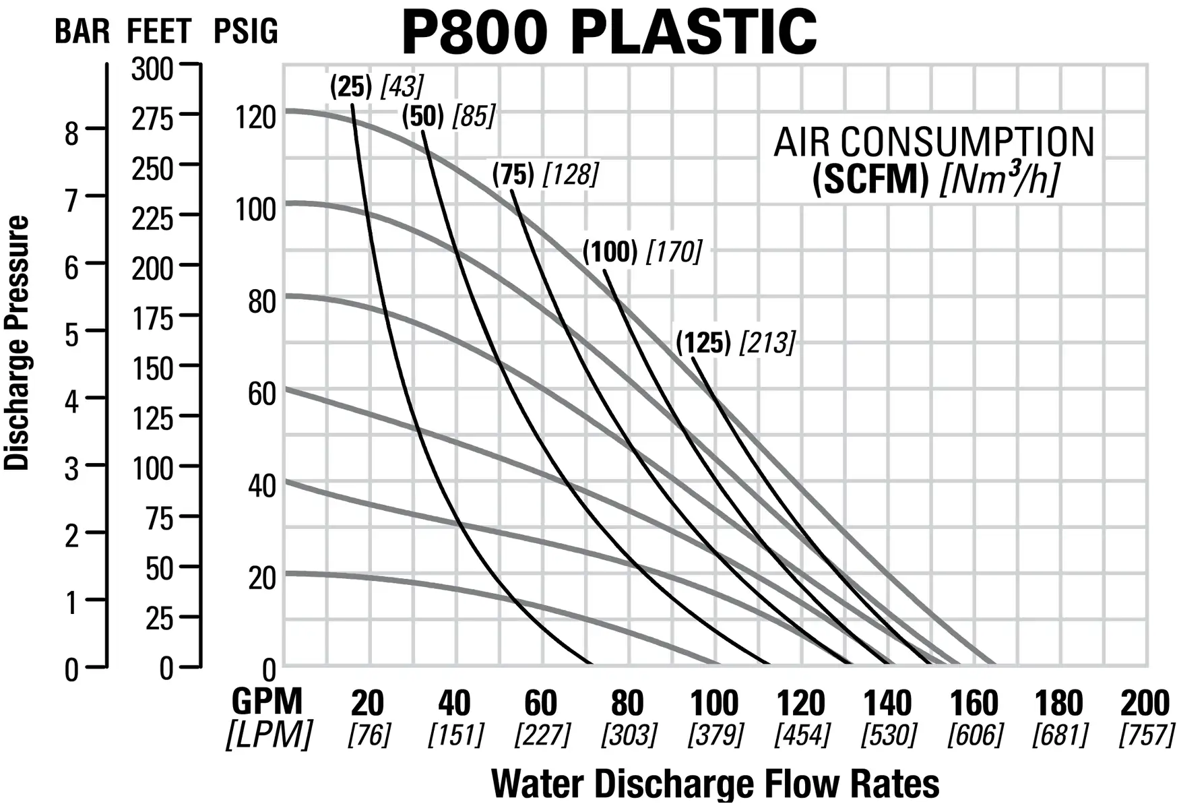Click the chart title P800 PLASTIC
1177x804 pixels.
click(608, 32)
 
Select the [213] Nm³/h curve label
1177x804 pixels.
click(767, 343)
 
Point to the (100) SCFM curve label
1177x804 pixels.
click(610, 252)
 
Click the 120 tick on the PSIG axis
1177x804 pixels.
click(255, 117)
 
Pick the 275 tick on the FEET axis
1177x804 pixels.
click(152, 119)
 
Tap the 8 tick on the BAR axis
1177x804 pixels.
click(71, 133)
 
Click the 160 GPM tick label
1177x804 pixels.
click(974, 704)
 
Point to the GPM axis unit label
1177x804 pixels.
click(267, 702)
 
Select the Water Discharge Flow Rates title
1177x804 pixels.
click(715, 783)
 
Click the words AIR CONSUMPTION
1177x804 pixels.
click(934, 142)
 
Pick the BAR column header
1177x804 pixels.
click(82, 32)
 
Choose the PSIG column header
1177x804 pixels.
click(245, 32)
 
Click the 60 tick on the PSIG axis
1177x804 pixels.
click(261, 394)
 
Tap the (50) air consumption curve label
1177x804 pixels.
click(422, 117)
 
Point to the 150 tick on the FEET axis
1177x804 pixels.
click(152, 369)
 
